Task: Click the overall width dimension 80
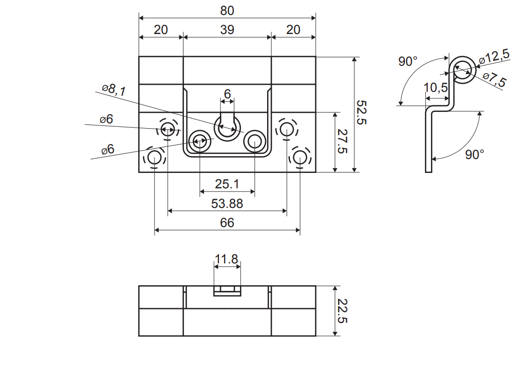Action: point(227,10)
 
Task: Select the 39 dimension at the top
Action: point(227,30)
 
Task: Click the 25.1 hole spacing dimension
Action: point(227,184)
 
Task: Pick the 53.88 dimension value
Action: point(227,204)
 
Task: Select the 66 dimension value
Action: point(227,223)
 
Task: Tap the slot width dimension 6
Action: point(227,94)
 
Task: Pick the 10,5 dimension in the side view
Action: point(436,88)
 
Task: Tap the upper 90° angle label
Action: point(408,61)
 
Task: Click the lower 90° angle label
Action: point(474,154)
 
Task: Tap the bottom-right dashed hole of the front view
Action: point(299,158)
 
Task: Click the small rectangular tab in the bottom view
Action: point(227,292)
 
